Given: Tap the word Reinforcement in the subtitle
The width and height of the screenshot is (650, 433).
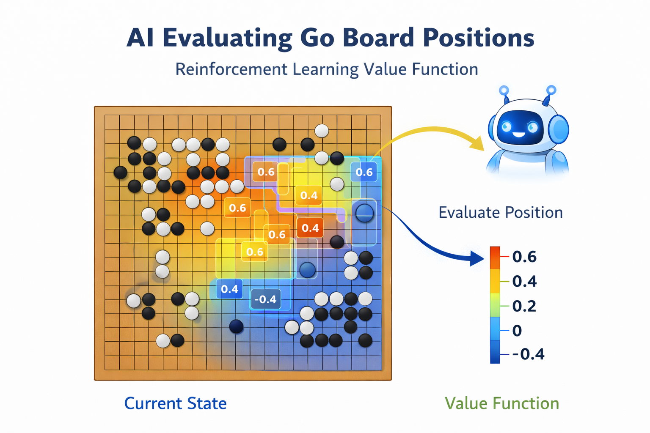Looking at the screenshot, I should (x=231, y=69).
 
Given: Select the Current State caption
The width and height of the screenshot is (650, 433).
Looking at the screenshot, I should (x=175, y=403).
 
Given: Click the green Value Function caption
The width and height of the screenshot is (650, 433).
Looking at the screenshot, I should (x=502, y=403).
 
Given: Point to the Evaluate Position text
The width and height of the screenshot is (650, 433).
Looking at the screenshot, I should (x=501, y=212).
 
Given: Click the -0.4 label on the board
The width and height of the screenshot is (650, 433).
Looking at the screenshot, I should (x=265, y=299).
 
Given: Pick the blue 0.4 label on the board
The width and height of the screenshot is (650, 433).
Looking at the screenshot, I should (x=230, y=289).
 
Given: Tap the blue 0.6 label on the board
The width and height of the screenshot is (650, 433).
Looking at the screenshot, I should (x=364, y=172).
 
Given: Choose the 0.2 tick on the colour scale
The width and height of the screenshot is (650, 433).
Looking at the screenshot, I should (x=524, y=306).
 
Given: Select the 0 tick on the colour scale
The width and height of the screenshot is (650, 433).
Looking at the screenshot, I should (x=517, y=330).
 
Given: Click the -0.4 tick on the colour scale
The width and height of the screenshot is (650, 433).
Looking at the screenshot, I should (x=528, y=354).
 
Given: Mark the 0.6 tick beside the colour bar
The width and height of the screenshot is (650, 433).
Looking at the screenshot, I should (x=524, y=257).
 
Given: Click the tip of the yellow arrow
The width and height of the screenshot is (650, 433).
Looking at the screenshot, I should (x=482, y=148).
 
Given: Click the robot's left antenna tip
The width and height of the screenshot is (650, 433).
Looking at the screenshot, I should (x=504, y=90).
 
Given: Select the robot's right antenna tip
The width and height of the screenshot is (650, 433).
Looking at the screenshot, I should (x=551, y=90).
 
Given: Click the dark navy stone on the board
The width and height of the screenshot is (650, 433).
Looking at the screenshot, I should (x=236, y=326).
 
